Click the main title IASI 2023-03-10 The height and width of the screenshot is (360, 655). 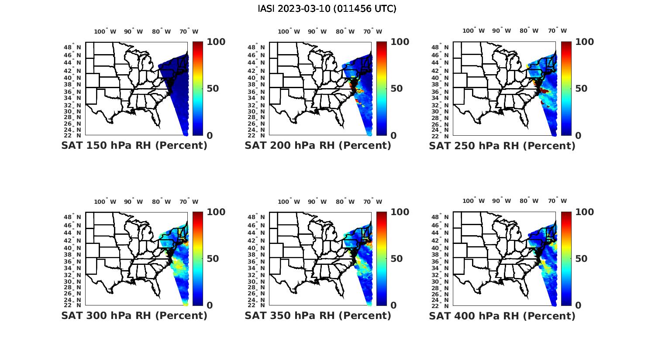tap(327, 9)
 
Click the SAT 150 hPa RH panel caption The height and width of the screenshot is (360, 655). tap(134, 145)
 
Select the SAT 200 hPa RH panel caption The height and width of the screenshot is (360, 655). tap(318, 145)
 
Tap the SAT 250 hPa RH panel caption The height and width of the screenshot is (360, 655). tap(502, 145)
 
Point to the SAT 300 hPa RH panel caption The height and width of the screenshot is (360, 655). tap(134, 315)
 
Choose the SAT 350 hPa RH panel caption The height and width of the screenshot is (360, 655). tap(318, 315)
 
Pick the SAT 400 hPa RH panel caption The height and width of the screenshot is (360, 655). tap(502, 315)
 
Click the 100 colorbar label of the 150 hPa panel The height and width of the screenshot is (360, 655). tap(216, 42)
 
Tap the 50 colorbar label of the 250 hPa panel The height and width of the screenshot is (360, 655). tap(582, 89)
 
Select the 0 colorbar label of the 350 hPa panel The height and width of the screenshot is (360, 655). tap(393, 305)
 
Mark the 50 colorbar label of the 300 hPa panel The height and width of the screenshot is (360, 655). tap(213, 259)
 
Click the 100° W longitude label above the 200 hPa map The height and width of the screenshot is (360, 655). tap(289, 31)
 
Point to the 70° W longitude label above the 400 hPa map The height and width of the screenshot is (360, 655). tap(557, 201)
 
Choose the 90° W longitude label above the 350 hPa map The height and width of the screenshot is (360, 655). tap(317, 202)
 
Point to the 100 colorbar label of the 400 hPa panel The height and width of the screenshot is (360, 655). tap(585, 212)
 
